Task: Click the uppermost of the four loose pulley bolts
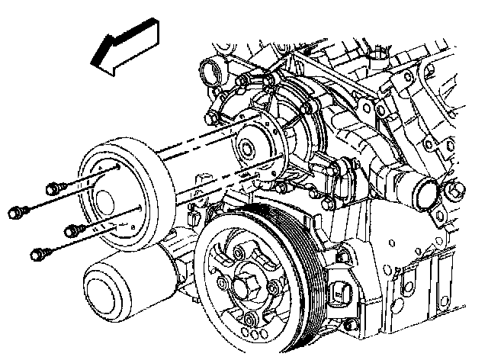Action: (x=54, y=187)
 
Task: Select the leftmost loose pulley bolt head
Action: (x=15, y=210)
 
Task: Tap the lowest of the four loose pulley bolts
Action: (x=36, y=252)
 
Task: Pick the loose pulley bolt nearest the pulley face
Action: (x=72, y=230)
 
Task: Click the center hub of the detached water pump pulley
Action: (x=106, y=196)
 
